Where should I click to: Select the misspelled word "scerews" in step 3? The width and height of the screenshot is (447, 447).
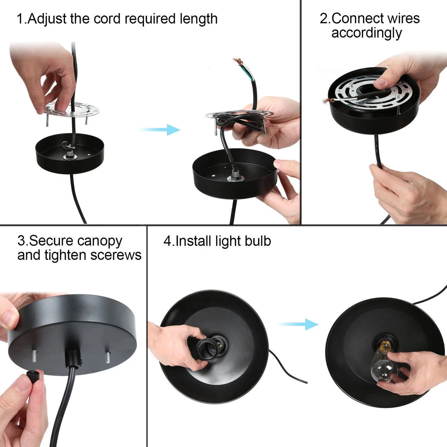[116, 255]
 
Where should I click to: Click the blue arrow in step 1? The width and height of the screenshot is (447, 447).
[160, 130]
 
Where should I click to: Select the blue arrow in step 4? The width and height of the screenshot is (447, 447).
[298, 324]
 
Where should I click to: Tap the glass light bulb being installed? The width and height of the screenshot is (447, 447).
[383, 363]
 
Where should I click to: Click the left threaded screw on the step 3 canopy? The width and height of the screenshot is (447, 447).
[34, 356]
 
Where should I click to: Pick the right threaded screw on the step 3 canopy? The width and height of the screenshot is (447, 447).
[108, 358]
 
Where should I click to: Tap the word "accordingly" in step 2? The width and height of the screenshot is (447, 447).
[367, 33]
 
